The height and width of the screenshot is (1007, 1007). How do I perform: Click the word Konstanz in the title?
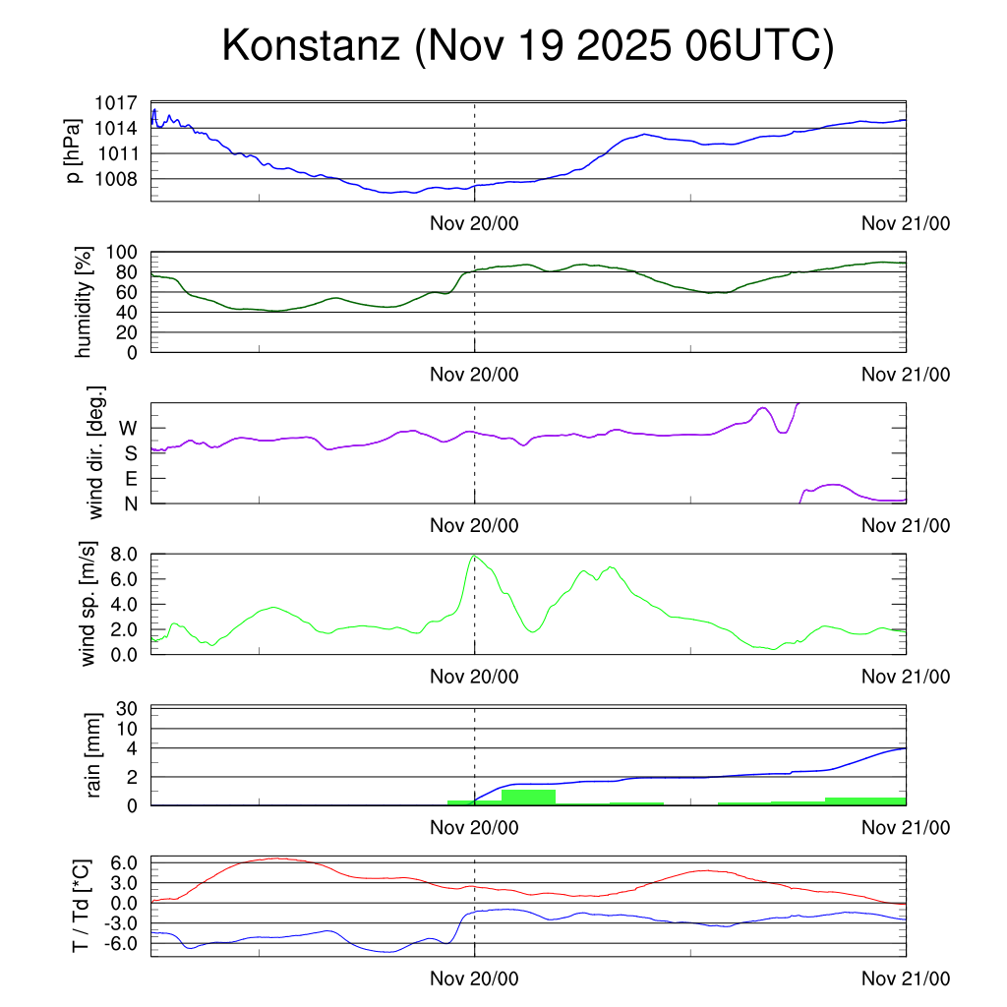pyautogui.click(x=311, y=46)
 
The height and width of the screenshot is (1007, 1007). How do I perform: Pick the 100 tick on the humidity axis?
pyautogui.click(x=127, y=252)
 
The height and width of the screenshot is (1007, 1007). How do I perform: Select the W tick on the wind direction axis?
pyautogui.click(x=128, y=428)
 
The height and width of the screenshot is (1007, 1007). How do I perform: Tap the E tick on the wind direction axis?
pyautogui.click(x=131, y=479)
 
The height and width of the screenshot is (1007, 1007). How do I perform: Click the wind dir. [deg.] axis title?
pyautogui.click(x=95, y=453)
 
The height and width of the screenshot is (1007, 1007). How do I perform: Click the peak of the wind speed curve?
pyautogui.click(x=475, y=556)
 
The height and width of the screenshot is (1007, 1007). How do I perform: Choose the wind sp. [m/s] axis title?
pyautogui.click(x=90, y=604)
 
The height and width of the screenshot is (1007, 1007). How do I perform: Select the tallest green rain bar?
pyautogui.click(x=528, y=797)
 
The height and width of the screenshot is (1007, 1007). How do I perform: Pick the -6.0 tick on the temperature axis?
pyautogui.click(x=124, y=943)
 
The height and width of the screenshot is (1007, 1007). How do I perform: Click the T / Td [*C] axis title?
pyautogui.click(x=85, y=906)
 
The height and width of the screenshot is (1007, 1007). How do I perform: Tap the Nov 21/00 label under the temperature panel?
pyautogui.click(x=906, y=978)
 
